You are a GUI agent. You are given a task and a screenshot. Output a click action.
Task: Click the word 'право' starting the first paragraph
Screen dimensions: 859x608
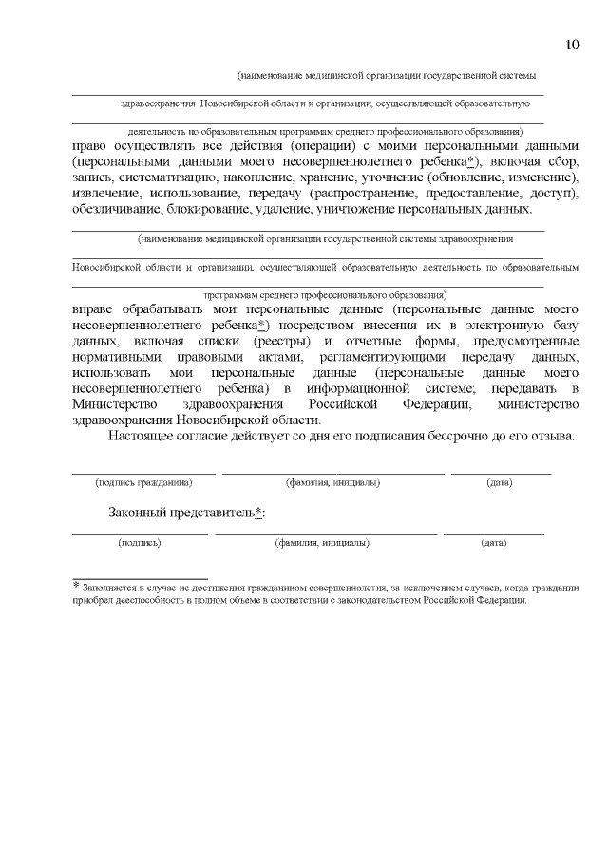click(x=91, y=146)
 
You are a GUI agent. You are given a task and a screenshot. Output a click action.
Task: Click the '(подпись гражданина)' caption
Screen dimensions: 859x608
click(x=142, y=482)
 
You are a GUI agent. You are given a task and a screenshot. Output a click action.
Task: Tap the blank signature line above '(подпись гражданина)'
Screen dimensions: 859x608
click(x=142, y=472)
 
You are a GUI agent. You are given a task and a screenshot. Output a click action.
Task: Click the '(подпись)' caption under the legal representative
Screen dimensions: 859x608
click(x=139, y=543)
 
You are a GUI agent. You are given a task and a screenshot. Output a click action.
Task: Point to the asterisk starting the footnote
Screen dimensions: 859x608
click(x=76, y=586)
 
